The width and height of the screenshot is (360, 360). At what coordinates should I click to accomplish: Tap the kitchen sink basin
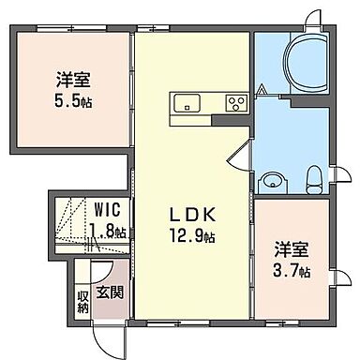click(182, 104)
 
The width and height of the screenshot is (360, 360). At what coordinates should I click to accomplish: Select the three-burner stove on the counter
click(235, 104)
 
